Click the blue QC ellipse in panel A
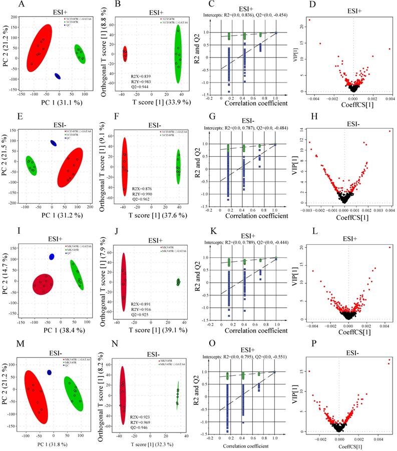click(x=58, y=76)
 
